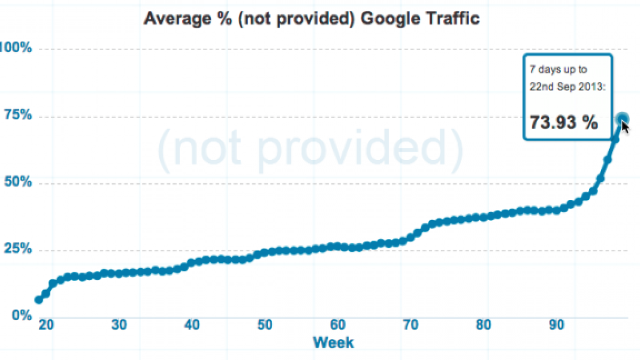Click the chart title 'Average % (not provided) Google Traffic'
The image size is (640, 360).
coord(312,19)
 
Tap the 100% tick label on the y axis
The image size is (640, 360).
coord(16,48)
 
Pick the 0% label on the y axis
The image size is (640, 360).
coord(22,315)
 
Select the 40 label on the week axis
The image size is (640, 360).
coord(192,326)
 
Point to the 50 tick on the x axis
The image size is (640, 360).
coord(264,326)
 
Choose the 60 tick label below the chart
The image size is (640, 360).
coord(338,326)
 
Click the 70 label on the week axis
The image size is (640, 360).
coord(411,326)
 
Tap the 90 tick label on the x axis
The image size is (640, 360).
coord(556,326)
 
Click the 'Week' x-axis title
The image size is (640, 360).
coord(333,342)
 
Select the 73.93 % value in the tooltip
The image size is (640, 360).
coord(564,122)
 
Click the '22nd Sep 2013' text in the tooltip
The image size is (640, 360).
coord(567,86)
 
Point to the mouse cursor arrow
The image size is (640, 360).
coord(625,127)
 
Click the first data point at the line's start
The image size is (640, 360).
coord(39,300)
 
